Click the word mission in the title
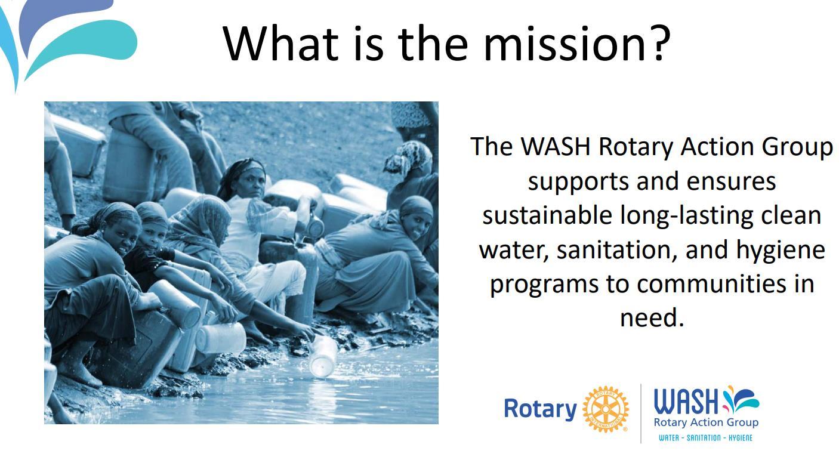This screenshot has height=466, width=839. (564, 44)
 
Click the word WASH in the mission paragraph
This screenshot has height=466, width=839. (556, 146)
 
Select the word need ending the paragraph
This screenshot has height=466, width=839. (652, 317)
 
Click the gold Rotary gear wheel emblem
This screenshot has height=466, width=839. (606, 409)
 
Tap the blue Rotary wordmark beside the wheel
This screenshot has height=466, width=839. (540, 409)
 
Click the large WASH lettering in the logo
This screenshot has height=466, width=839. (686, 401)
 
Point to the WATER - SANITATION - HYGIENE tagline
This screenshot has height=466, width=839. (705, 438)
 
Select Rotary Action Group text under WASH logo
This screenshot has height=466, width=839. (706, 423)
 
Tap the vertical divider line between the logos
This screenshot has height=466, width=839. (641, 413)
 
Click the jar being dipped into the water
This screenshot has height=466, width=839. (323, 356)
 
